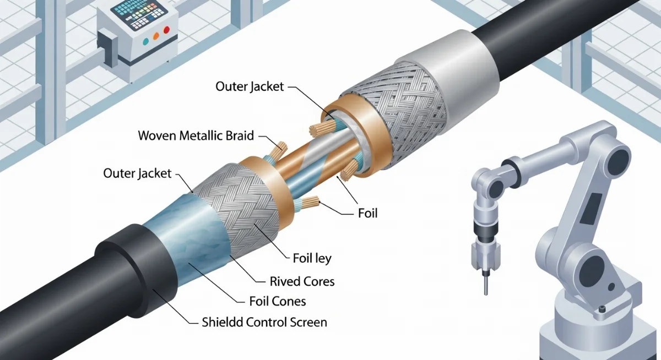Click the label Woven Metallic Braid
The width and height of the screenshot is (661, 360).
pos(195,135)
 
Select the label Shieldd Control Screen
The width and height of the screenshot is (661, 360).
pos(264,322)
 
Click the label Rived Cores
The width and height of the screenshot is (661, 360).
pos(302,281)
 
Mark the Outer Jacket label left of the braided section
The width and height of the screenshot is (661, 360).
pos(137,173)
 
